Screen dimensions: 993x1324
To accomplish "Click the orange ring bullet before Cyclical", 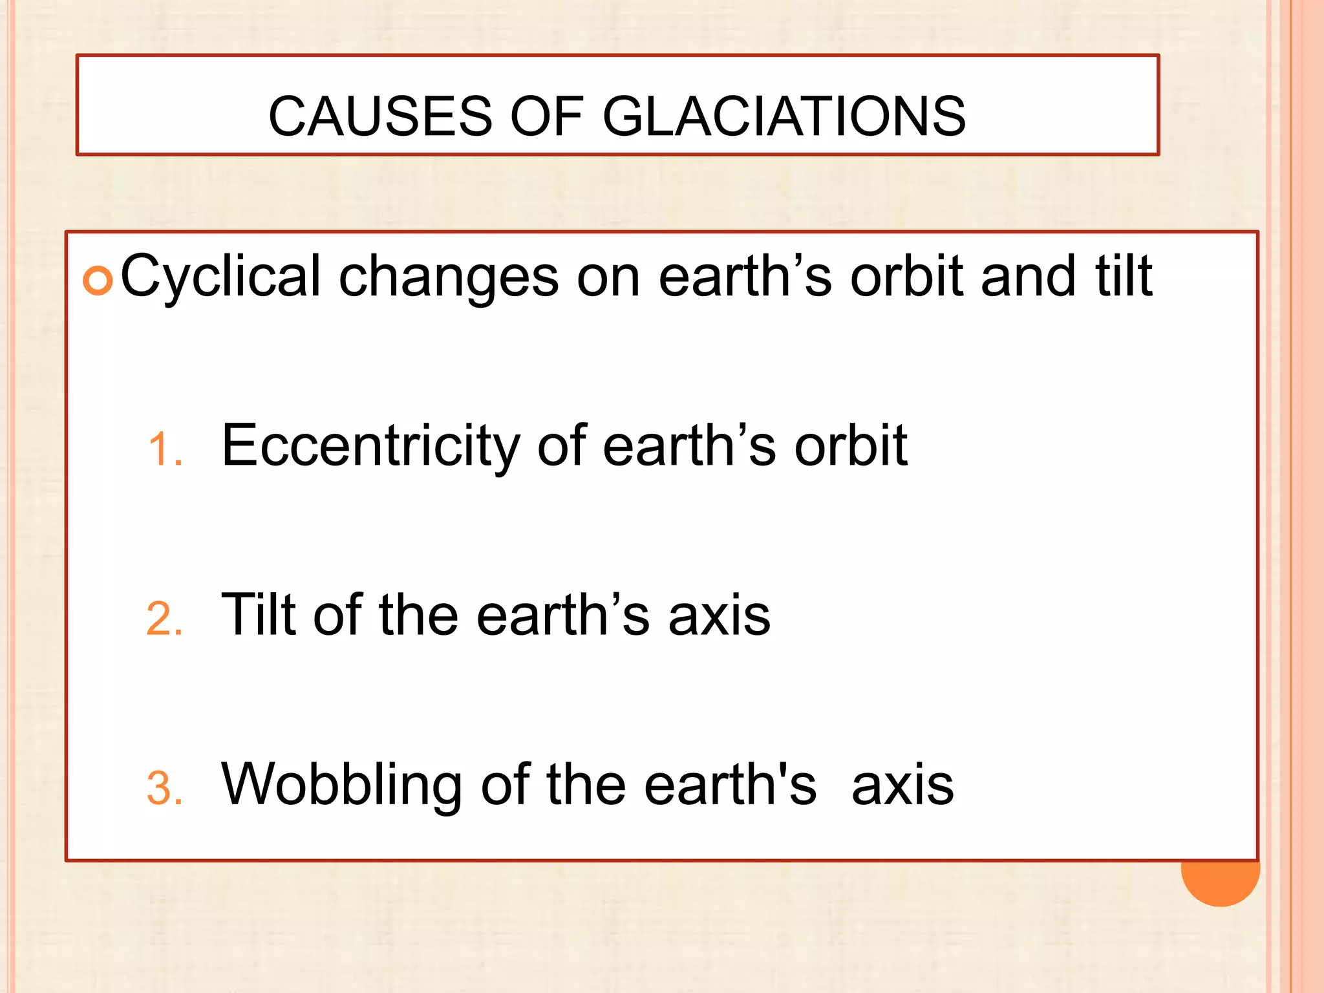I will (x=98, y=281).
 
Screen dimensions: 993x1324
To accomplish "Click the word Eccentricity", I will (x=370, y=446).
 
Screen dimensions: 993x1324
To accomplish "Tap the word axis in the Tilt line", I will (x=719, y=615).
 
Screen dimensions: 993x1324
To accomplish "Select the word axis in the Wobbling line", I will (x=902, y=785).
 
